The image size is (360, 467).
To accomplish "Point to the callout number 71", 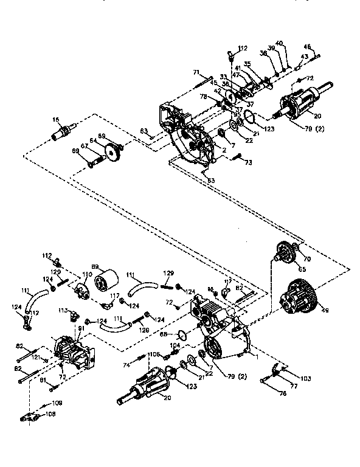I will (196, 73).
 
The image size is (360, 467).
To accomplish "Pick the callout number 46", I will (307, 47).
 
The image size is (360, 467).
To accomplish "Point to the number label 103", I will (305, 378).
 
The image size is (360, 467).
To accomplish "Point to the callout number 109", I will (56, 403).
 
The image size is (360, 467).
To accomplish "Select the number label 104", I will (175, 345).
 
